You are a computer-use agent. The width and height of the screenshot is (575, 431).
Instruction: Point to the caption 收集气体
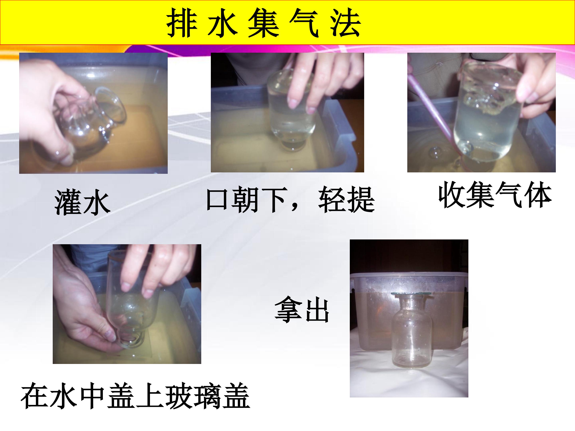(x=495, y=195)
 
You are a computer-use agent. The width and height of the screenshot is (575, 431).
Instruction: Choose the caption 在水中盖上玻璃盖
(x=135, y=396)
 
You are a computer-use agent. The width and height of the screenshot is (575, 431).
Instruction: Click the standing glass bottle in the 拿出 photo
(x=411, y=330)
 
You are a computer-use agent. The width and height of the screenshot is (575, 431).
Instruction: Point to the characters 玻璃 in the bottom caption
(x=193, y=396)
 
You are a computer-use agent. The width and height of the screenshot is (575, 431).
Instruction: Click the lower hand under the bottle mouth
(x=86, y=312)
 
